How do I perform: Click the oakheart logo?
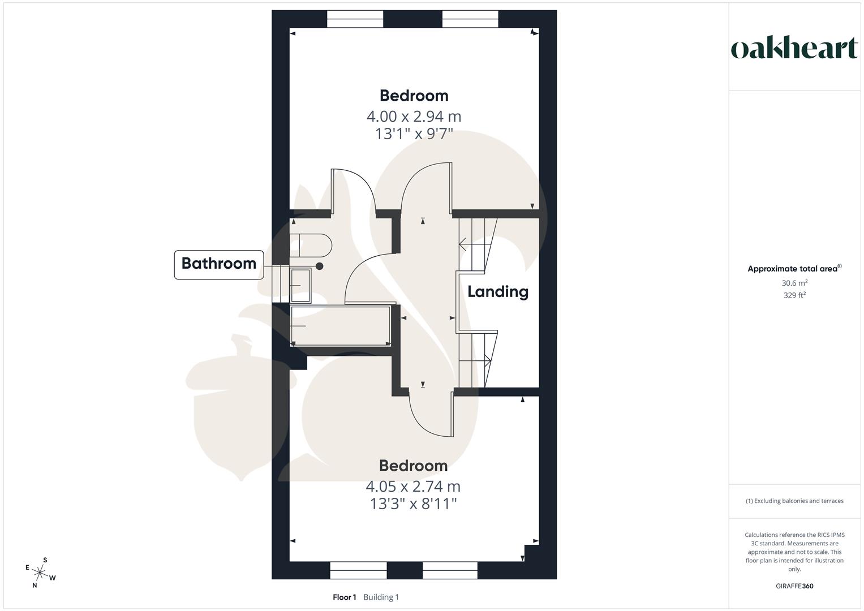794,49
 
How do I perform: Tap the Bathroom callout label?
219,264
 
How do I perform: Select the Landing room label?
498,292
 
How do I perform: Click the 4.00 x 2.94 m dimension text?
414,117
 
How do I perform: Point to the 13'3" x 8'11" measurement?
413,504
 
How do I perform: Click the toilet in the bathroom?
310,245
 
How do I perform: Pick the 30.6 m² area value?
794,283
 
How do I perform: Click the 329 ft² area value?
794,295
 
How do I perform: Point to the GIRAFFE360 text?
794,586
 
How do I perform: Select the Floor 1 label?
344,597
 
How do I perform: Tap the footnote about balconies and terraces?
794,501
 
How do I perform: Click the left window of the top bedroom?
355,19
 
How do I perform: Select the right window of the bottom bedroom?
450,570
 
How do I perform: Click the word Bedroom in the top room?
414,96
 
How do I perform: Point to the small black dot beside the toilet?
320,266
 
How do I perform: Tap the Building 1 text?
381,597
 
